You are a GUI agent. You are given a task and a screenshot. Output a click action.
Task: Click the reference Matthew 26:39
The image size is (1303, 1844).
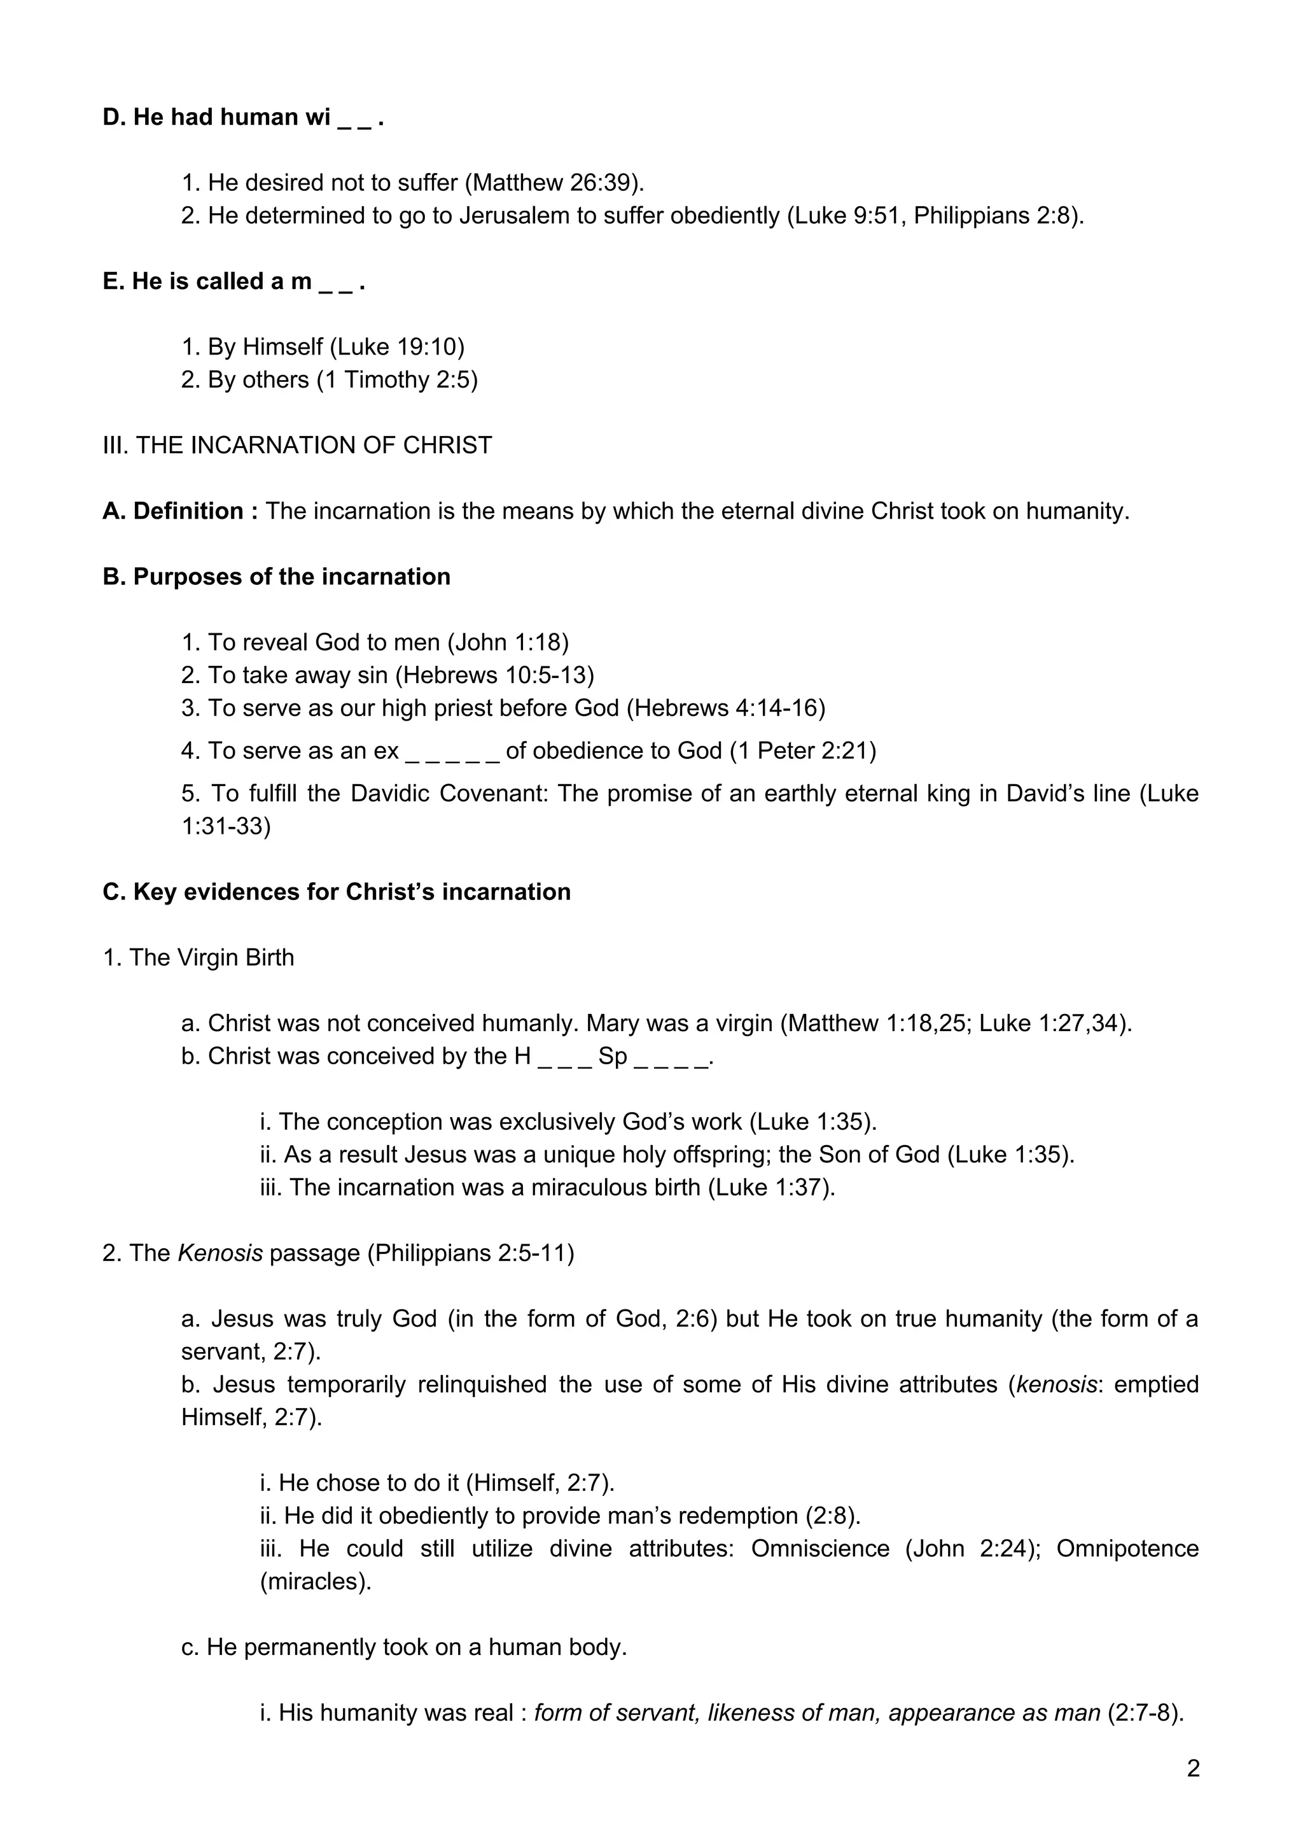555,183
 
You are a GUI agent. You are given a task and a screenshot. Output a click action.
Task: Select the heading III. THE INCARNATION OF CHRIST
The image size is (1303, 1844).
297,446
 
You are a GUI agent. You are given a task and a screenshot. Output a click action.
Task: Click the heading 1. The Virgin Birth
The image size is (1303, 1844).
199,958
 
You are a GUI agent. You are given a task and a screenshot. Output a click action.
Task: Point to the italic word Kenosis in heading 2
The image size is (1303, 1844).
220,1254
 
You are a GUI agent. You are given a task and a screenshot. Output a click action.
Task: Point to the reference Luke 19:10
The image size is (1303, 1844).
396,347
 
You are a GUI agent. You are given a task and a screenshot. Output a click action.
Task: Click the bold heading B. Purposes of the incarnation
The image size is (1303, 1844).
276,577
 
